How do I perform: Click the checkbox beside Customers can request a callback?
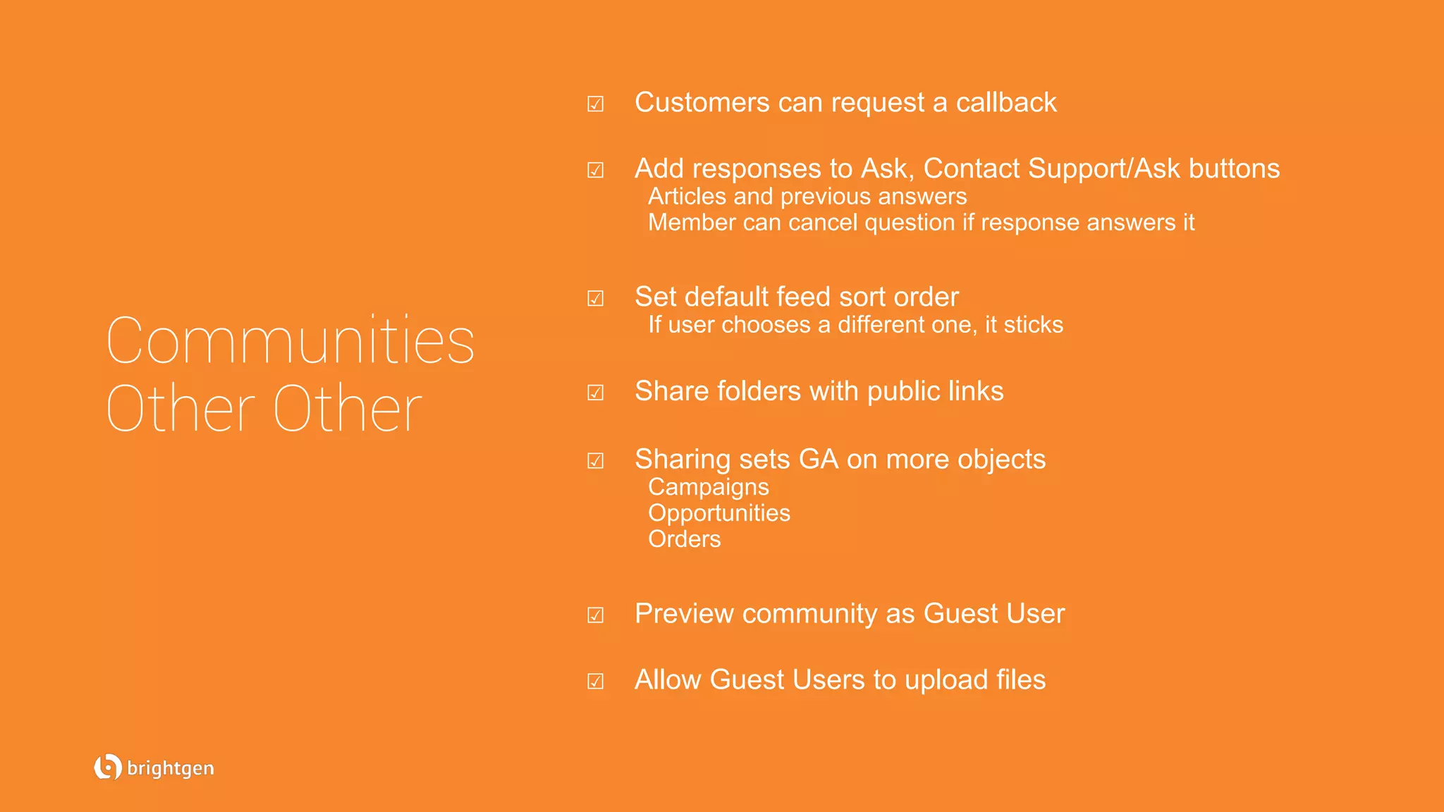click(596, 104)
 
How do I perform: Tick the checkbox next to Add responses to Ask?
click(596, 170)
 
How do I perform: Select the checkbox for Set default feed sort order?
click(596, 298)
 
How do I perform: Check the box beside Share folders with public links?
click(596, 393)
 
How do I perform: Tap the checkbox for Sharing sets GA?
click(596, 461)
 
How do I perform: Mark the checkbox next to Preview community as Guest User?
click(596, 615)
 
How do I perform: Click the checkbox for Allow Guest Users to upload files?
click(596, 681)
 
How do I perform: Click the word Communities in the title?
click(290, 341)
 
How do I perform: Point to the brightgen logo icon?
click(107, 767)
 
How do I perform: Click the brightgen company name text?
click(171, 768)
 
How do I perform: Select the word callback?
click(1006, 103)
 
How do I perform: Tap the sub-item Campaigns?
click(709, 487)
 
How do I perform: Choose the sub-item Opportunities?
click(719, 513)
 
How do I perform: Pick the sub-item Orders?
click(685, 539)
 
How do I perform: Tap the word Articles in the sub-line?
click(687, 196)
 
